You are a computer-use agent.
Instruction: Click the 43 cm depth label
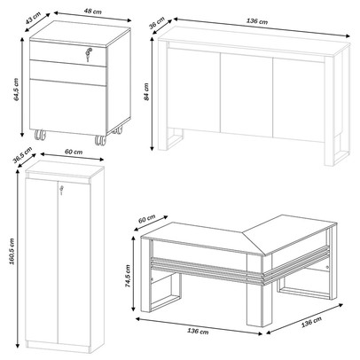click(x=34, y=19)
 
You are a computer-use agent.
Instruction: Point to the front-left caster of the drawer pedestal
click(x=41, y=137)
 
